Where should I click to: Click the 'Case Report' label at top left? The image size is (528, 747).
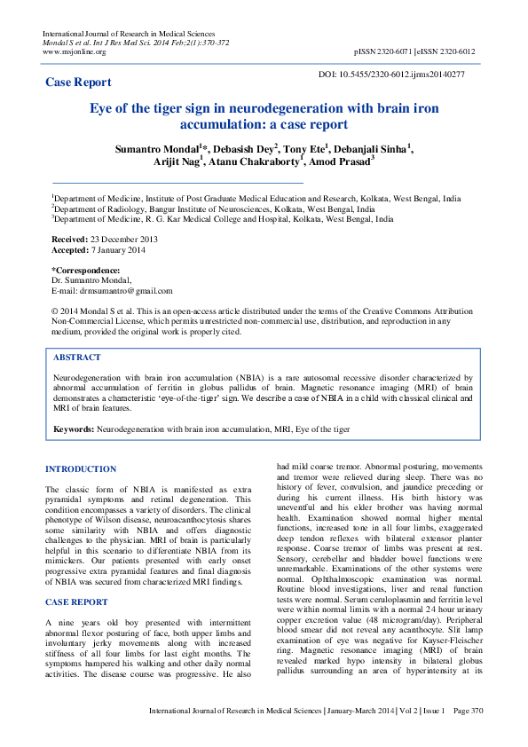coord(78,83)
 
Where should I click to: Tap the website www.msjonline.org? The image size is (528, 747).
coord(74,52)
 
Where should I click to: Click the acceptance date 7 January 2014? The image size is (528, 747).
coord(122,250)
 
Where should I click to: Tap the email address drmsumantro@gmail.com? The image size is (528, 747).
coord(127,290)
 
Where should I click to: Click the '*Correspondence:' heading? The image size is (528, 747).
coord(85,271)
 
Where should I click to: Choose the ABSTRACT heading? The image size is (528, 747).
coord(77,357)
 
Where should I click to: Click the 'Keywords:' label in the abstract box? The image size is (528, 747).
coord(74,429)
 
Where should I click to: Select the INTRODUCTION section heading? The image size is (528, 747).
coord(81,468)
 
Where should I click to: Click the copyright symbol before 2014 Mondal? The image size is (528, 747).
coord(55,312)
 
